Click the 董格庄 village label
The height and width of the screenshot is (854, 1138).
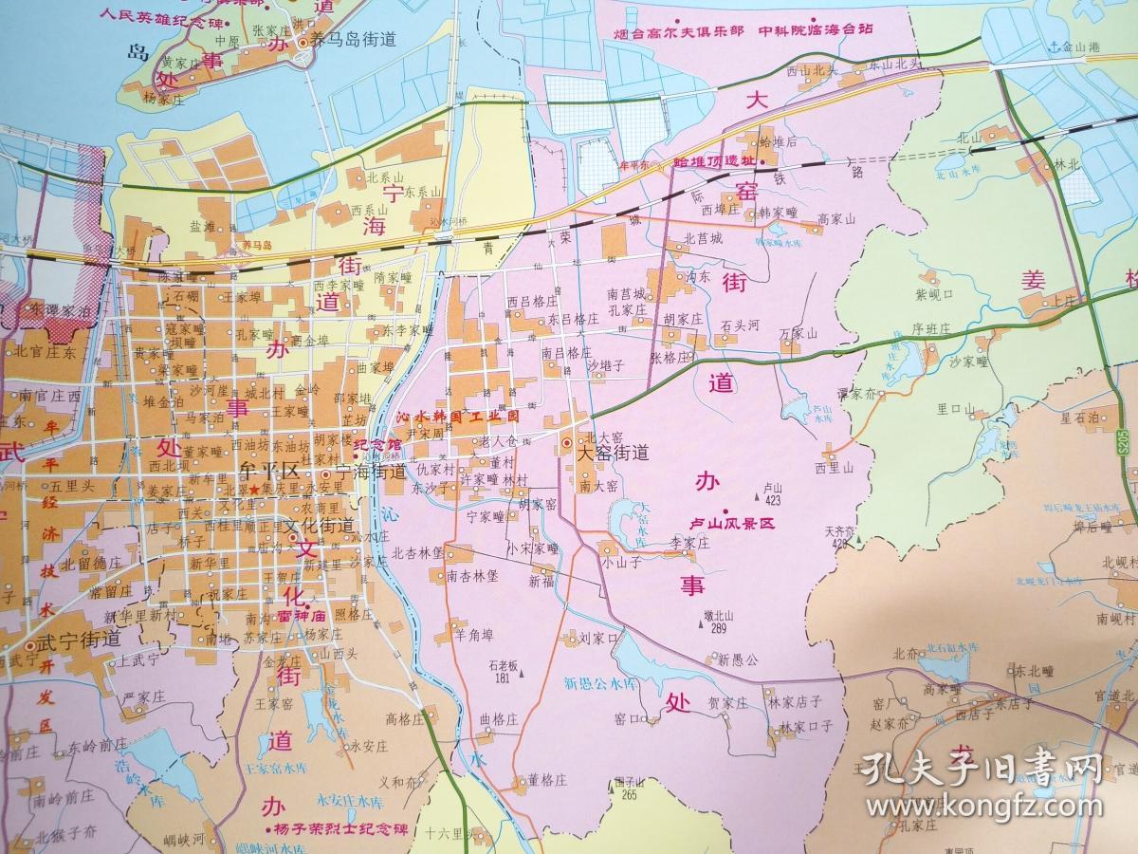coord(547,780)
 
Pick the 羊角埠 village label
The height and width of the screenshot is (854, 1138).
coord(474,634)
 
